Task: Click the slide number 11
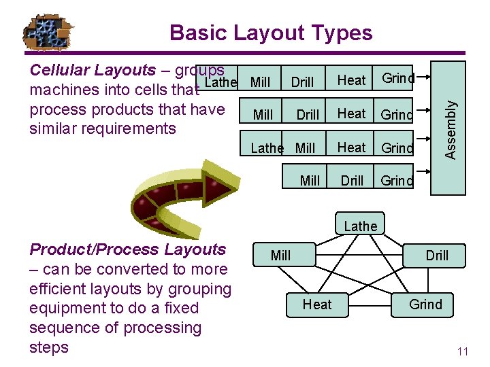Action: click(463, 351)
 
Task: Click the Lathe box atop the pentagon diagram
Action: click(361, 226)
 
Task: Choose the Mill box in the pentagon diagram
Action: click(280, 256)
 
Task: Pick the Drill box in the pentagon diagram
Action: click(437, 256)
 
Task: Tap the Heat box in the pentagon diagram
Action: click(317, 304)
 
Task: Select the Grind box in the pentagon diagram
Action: click(425, 304)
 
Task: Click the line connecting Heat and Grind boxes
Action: click(371, 304)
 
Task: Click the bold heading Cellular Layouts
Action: click(93, 70)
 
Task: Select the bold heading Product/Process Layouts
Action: click(127, 249)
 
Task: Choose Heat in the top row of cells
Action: click(351, 80)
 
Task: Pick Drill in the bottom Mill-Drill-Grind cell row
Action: click(352, 180)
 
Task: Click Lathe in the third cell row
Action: click(267, 147)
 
